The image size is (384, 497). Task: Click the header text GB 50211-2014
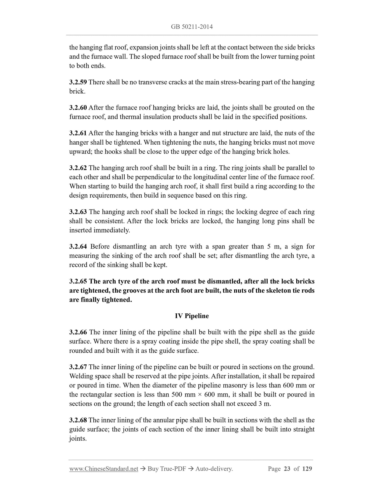click(192, 27)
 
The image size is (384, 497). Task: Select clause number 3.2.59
click(78, 82)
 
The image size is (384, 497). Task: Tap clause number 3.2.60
click(78, 108)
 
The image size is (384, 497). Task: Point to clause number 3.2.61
click(78, 133)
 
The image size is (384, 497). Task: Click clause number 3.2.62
click(78, 168)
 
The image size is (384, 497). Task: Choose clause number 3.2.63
click(78, 212)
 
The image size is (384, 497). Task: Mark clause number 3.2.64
click(78, 246)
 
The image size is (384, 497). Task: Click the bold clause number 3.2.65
click(78, 281)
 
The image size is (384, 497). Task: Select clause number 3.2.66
click(78, 332)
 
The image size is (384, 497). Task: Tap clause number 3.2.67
click(78, 367)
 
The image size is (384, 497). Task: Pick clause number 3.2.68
click(78, 420)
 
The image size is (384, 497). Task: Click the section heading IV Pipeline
click(192, 316)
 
